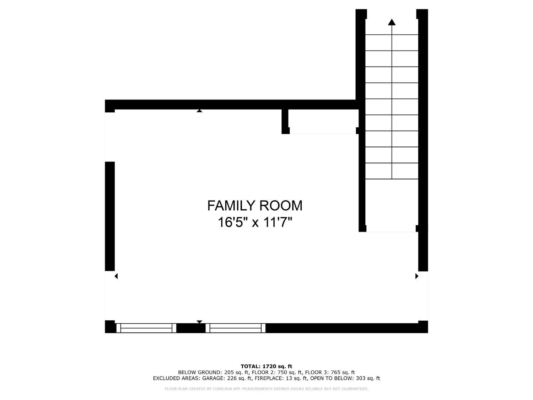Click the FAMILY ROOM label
coord(255,206)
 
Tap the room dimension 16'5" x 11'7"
coord(255,223)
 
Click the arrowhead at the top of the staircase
coord(392,22)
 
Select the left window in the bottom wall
coord(146,328)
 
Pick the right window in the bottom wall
coord(236,328)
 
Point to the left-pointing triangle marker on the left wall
coord(116,276)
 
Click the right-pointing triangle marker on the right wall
coord(417,276)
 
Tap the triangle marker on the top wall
coord(199,111)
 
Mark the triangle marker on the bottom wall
coord(199,322)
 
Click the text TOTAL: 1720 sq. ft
coord(266,366)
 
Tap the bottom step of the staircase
coord(392,171)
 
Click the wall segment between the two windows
coord(191,328)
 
